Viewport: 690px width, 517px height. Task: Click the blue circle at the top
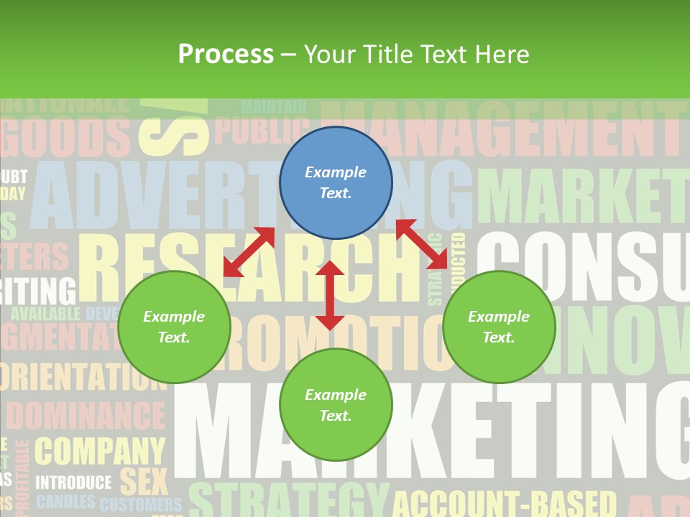[336, 182]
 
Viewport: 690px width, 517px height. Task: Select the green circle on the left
[174, 327]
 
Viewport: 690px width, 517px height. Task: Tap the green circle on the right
[499, 327]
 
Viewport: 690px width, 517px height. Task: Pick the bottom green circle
[336, 405]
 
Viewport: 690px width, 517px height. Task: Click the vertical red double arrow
[330, 295]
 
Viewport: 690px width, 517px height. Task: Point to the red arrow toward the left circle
[249, 252]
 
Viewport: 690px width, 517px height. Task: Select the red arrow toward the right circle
[421, 244]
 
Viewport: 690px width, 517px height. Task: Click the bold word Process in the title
[226, 54]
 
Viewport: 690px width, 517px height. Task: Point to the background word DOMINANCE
[86, 416]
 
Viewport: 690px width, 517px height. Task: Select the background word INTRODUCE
[74, 483]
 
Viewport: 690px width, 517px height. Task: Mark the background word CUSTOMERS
[141, 504]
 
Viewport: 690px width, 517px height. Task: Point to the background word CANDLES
[65, 502]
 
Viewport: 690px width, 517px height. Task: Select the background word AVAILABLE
[46, 314]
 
